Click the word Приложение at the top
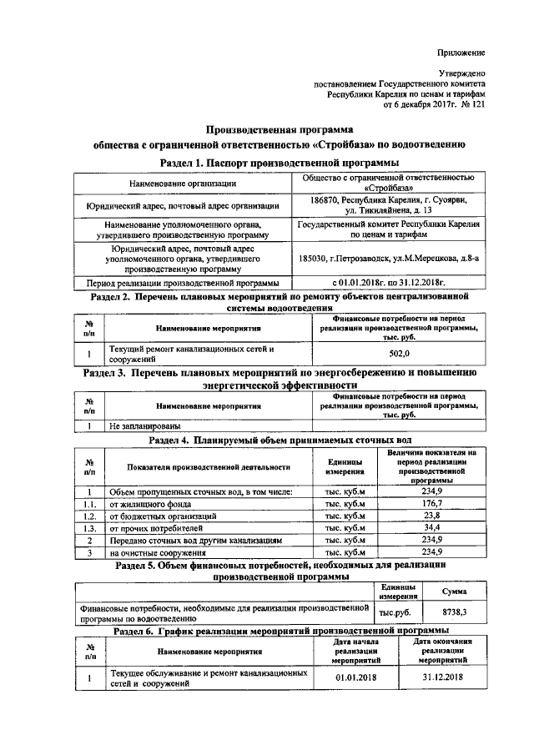[x=462, y=53]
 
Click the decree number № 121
[x=471, y=105]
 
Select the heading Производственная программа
[x=280, y=129]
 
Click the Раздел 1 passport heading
[x=280, y=161]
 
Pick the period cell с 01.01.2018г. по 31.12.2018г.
[x=388, y=283]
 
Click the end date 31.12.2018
[x=442, y=677]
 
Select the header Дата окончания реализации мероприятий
[x=442, y=650]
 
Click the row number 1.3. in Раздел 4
[x=89, y=528]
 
